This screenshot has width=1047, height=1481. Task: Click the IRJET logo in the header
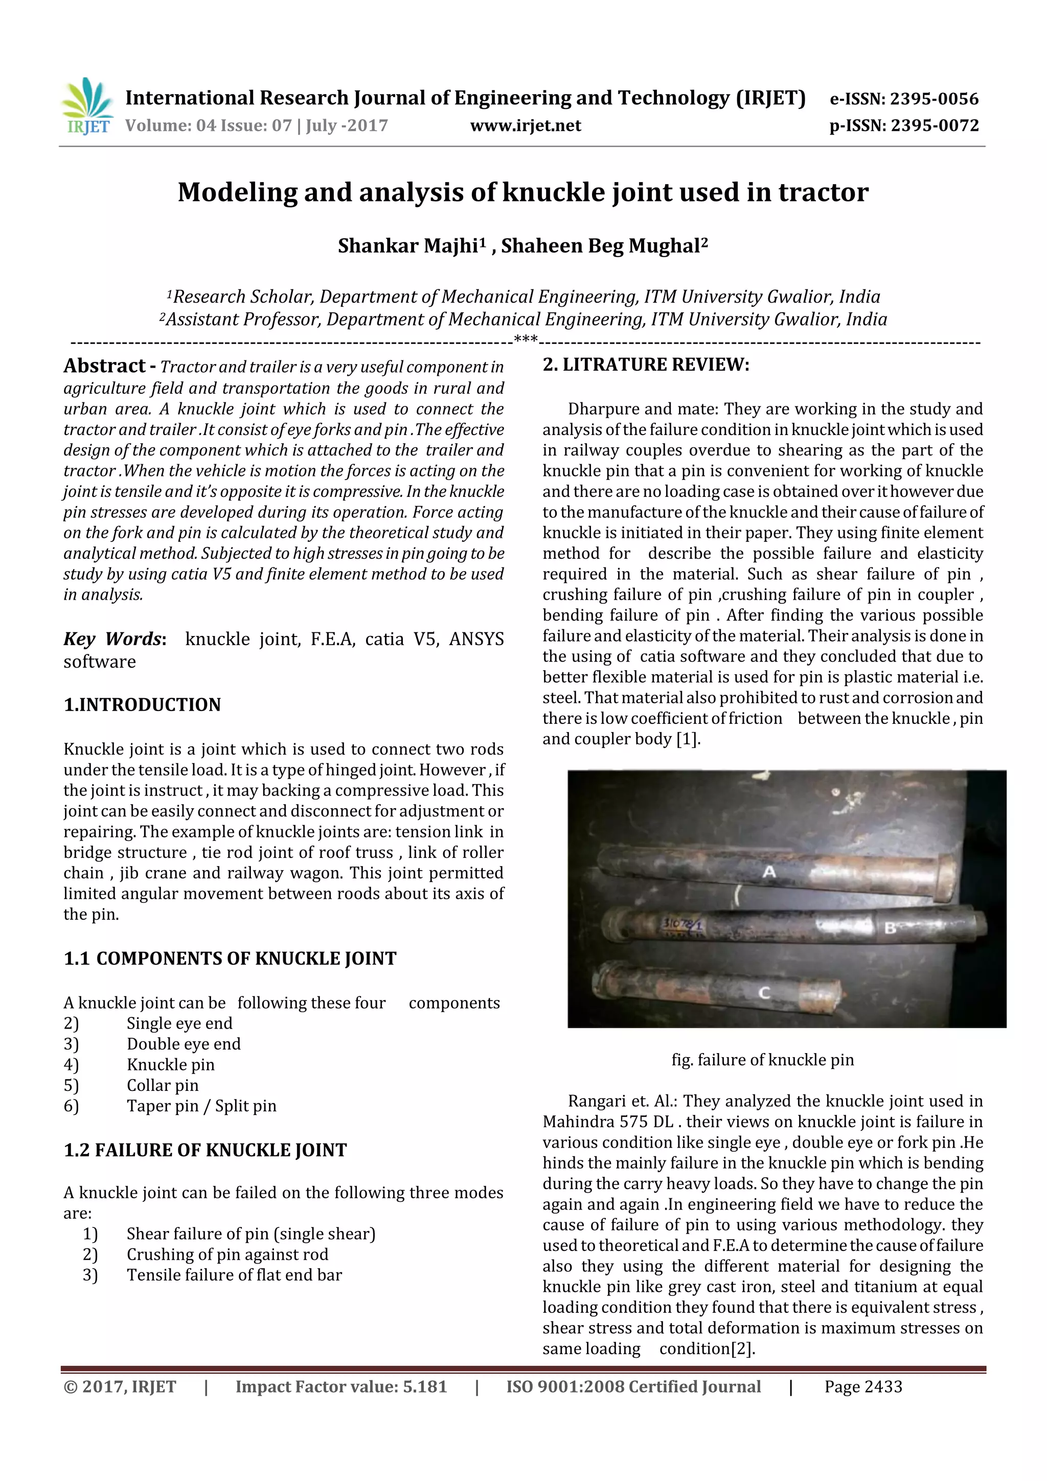click(86, 107)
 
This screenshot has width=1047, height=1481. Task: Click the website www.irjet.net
click(525, 126)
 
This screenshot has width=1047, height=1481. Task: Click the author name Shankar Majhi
click(407, 246)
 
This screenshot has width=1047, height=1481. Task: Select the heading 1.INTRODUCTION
click(142, 704)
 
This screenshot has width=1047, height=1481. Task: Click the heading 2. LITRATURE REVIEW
click(646, 365)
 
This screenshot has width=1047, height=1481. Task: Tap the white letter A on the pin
click(769, 872)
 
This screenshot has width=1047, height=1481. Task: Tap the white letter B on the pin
click(890, 928)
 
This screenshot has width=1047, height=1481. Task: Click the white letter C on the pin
click(764, 993)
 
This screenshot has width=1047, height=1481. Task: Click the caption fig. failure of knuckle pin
click(763, 1060)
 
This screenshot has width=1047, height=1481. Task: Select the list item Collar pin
click(163, 1086)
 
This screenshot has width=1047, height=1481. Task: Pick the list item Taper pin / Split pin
click(201, 1106)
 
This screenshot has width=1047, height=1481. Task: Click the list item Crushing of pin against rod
click(227, 1255)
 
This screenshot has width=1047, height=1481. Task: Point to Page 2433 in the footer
click(863, 1387)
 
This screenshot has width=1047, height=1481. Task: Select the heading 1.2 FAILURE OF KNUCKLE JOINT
click(205, 1150)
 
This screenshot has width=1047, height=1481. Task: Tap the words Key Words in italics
click(113, 639)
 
